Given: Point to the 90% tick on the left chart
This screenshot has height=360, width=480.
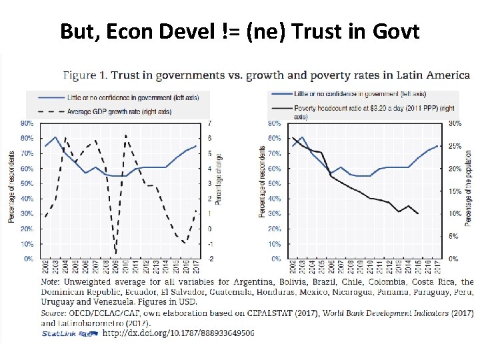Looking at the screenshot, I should coord(27,123).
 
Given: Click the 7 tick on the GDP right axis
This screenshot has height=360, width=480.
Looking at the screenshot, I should coord(210,123).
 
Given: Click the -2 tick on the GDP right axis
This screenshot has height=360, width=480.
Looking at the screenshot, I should coord(211,259).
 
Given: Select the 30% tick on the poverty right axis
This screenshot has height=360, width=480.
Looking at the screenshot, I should coord(455,123).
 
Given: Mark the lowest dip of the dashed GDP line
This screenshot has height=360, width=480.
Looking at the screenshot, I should coord(116,253).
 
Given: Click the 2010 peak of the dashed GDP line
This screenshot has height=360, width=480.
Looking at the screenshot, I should coord(126,135).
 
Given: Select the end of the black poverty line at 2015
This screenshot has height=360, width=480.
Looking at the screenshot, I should coord(418,213).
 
